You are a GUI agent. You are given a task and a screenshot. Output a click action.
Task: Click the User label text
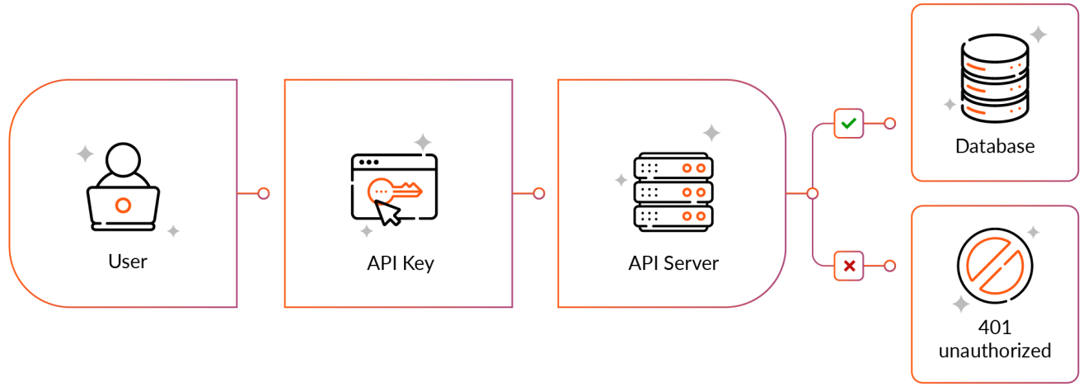click(128, 262)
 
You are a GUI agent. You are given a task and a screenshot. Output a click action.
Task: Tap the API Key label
click(401, 264)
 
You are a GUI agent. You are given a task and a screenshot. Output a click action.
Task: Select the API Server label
click(673, 264)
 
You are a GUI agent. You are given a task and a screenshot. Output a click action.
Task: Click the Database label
click(995, 147)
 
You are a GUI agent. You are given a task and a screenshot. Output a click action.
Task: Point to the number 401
click(995, 328)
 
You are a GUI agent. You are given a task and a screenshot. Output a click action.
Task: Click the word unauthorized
click(995, 351)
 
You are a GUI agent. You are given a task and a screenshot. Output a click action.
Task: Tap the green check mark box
click(849, 124)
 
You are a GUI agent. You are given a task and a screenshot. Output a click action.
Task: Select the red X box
click(849, 266)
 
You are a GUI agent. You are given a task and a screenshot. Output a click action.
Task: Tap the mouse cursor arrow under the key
click(388, 213)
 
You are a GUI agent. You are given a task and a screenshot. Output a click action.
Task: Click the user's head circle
click(124, 160)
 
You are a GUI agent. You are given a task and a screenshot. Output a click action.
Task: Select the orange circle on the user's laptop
click(123, 204)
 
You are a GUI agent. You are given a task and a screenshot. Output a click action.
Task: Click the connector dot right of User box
click(264, 194)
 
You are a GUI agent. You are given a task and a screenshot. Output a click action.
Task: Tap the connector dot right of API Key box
click(539, 194)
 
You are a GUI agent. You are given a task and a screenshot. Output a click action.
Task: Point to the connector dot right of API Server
click(813, 194)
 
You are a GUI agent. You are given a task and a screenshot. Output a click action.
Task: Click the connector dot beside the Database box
click(889, 124)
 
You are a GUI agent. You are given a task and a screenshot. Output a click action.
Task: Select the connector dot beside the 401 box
click(889, 266)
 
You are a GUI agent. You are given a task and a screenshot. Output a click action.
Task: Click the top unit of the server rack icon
click(672, 168)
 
